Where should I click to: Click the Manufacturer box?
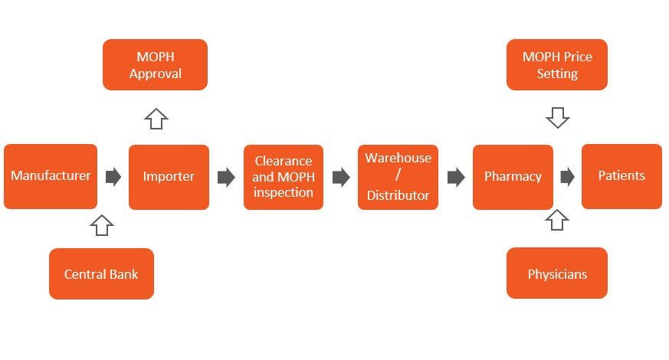(51, 176)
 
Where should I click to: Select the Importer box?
(169, 177)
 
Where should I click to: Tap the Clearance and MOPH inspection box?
(283, 177)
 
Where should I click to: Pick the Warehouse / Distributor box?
(398, 177)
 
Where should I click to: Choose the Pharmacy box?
(513, 177)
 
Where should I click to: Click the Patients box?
(621, 176)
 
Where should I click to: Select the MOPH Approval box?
(156, 65)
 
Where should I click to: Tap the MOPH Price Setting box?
(557, 65)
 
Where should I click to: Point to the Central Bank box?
(101, 273)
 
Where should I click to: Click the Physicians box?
(557, 273)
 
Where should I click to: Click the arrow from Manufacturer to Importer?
(113, 178)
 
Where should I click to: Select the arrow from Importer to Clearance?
(226, 178)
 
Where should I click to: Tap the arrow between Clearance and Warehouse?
(340, 178)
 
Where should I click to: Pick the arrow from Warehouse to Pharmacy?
(456, 178)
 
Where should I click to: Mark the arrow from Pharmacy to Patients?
(567, 178)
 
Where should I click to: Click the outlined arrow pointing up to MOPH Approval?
(156, 118)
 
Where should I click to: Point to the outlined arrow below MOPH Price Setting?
(557, 117)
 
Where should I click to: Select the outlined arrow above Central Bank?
(101, 225)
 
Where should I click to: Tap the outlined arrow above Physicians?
(557, 221)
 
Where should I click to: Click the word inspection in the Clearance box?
(283, 192)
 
